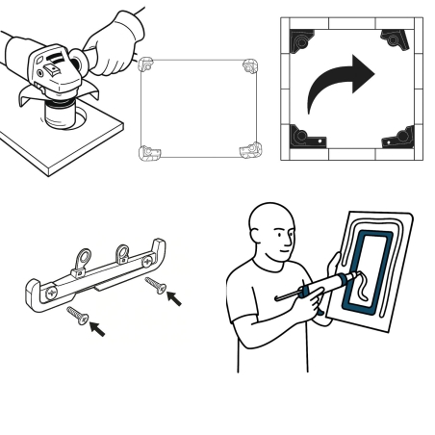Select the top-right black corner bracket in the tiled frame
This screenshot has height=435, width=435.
(397, 38)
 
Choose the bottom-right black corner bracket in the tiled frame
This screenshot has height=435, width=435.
(397, 139)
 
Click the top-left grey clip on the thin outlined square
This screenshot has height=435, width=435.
(147, 64)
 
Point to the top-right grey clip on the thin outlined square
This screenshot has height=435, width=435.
(251, 65)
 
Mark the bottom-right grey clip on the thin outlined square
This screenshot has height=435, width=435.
(251, 150)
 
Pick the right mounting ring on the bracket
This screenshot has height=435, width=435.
(122, 254)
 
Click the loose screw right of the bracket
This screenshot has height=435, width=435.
(154, 284)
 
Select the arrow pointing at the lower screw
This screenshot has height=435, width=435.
(97, 330)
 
